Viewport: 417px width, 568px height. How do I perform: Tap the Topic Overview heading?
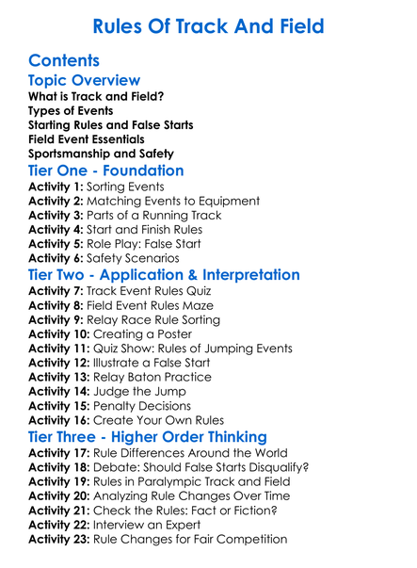pyautogui.click(x=85, y=82)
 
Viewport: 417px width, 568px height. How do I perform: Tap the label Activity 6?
pyautogui.click(x=57, y=259)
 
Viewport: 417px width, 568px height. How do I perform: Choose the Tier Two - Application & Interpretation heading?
pyautogui.click(x=164, y=276)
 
